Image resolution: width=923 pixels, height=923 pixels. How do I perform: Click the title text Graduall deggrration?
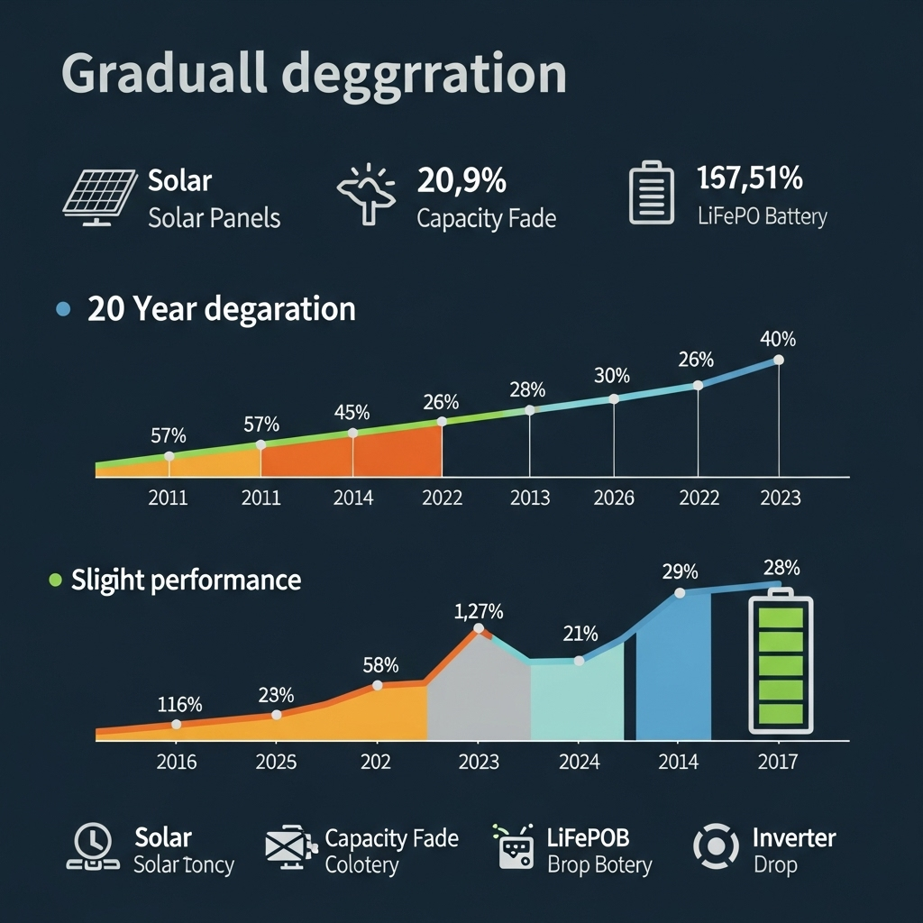tap(314, 75)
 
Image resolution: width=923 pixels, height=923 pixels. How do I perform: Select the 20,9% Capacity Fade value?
tap(461, 180)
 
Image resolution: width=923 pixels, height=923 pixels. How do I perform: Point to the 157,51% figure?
tap(750, 178)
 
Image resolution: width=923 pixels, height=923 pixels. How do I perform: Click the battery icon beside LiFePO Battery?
tap(651, 193)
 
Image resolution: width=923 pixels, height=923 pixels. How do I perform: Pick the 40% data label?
tap(778, 340)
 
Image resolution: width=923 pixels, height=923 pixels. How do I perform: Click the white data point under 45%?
tap(352, 433)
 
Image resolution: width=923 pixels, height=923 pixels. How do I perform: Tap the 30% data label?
tap(612, 375)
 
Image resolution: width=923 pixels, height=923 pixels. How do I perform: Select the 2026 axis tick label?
tap(614, 498)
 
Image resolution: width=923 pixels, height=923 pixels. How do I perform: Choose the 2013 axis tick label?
tap(529, 498)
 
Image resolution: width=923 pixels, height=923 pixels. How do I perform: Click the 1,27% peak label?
tap(479, 612)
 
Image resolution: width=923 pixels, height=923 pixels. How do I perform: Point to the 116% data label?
tap(179, 704)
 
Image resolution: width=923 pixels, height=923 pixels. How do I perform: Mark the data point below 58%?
tap(378, 685)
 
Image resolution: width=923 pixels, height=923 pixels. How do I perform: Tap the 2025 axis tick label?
tap(276, 762)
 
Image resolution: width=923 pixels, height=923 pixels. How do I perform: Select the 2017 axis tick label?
tap(777, 762)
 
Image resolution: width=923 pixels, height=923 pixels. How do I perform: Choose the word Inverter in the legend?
tap(794, 838)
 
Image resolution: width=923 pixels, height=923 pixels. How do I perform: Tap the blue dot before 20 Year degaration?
tap(62, 309)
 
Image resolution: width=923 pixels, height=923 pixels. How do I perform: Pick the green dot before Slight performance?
tap(55, 580)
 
